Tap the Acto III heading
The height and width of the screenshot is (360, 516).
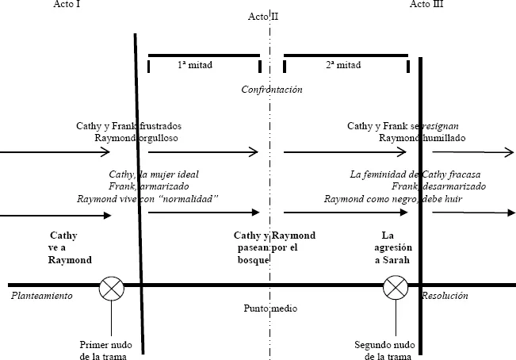(428, 5)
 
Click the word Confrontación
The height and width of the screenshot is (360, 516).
(272, 90)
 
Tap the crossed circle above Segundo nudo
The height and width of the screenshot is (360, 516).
(395, 288)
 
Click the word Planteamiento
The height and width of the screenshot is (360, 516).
(42, 296)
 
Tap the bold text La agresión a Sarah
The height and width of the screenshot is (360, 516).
(388, 247)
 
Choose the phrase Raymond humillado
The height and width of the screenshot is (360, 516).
(422, 138)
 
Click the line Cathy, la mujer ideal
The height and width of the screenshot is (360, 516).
(154, 174)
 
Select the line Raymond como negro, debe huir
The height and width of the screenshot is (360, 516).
(393, 198)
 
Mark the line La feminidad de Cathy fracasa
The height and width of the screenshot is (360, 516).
(415, 174)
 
